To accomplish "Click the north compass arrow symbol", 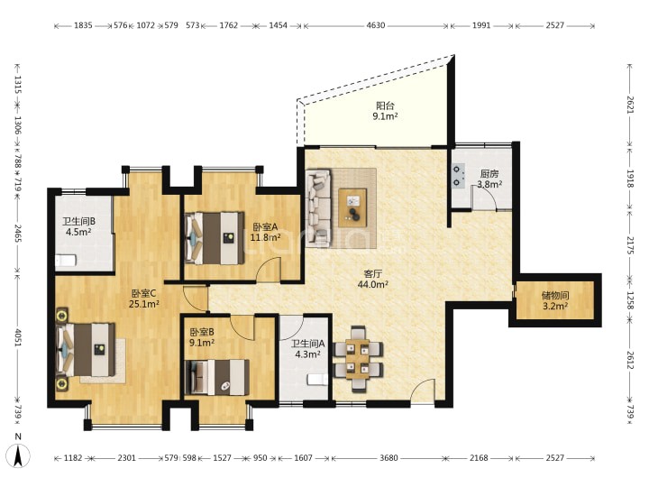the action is click(x=18, y=455).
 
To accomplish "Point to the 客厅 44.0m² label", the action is click(x=372, y=279).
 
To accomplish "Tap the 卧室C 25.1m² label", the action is click(x=144, y=299).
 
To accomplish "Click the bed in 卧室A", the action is click(x=215, y=238).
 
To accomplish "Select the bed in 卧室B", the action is click(x=217, y=377).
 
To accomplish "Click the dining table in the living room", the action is click(x=358, y=359).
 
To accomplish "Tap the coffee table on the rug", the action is click(x=352, y=208).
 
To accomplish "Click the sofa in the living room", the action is click(x=318, y=208).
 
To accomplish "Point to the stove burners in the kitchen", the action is click(x=457, y=176).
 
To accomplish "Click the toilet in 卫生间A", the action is click(x=316, y=379).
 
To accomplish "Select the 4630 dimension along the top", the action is click(x=375, y=25).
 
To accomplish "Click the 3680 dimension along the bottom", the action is click(x=388, y=458).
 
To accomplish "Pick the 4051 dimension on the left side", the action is click(x=17, y=337).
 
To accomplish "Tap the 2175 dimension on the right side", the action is click(x=630, y=246).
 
